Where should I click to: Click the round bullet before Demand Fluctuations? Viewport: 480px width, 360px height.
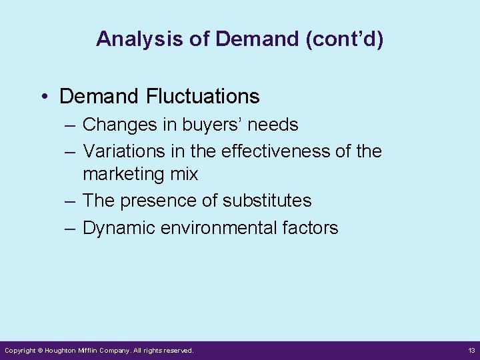coord(43,97)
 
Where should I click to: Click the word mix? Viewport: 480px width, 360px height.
coord(184,175)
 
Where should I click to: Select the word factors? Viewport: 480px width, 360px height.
coord(310,228)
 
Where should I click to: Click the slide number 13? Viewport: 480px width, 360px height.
coord(471,350)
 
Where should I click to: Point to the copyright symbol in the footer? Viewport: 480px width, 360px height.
coord(40,350)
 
